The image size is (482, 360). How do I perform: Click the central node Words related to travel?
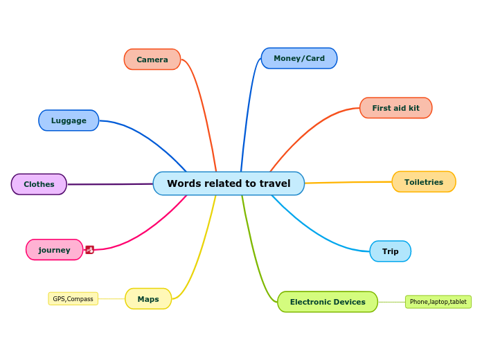point(229,183)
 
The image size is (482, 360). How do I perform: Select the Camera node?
point(152,60)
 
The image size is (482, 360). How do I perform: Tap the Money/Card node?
point(299,58)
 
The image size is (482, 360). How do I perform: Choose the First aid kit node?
point(395,108)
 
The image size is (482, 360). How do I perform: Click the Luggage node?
point(69,120)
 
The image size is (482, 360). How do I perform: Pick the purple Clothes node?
point(39,184)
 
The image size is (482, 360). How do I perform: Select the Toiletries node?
point(424,182)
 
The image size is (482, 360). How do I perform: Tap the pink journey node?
point(54,250)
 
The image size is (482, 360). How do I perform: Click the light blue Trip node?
point(391,251)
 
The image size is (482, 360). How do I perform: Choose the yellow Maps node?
point(148,299)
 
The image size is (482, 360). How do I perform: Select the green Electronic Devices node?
point(328,302)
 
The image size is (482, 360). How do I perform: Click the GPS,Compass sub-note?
point(73,299)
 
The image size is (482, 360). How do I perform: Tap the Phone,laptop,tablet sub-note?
point(438,302)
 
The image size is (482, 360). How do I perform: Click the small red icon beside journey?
point(90,250)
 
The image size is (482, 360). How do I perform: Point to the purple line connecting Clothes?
point(111,184)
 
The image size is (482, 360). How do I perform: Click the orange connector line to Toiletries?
point(346,182)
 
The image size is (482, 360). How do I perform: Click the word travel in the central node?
point(275,183)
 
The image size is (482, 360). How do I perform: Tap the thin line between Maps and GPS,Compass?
point(111,299)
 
